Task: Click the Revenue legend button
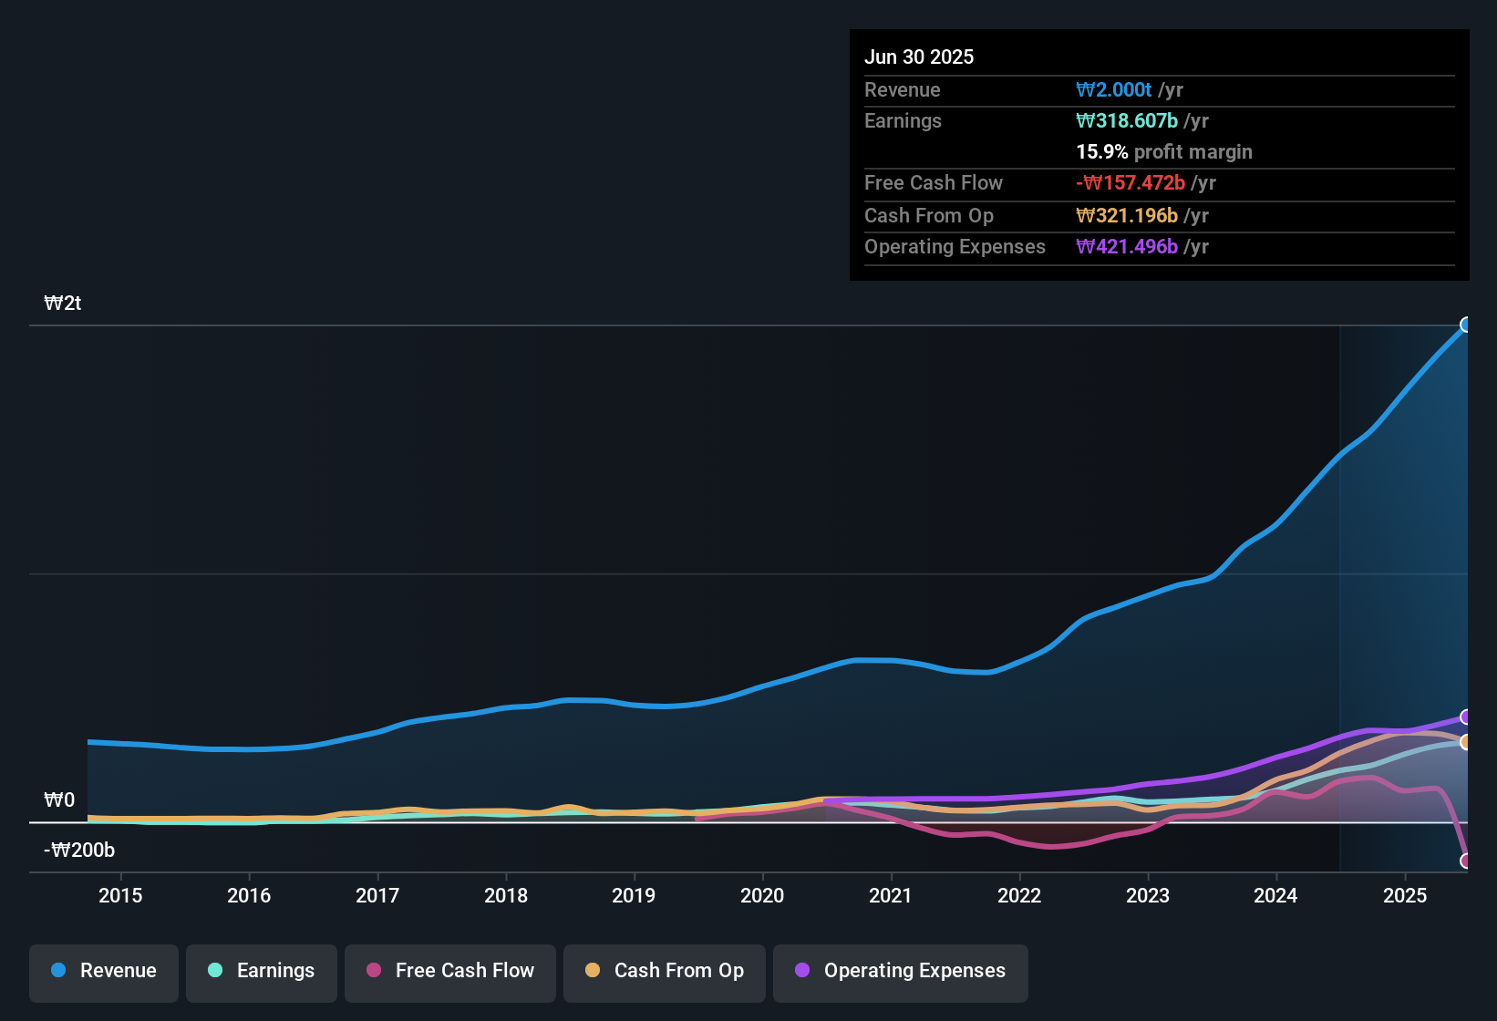click(104, 971)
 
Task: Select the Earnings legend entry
click(262, 971)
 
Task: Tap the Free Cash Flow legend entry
click(450, 971)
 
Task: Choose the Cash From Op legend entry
click(665, 971)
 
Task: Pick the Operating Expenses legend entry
click(901, 971)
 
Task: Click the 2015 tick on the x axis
click(120, 895)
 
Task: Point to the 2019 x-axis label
click(634, 895)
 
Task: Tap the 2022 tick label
click(1019, 895)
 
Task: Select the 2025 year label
click(1405, 895)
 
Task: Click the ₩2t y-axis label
click(63, 304)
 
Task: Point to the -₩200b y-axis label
click(79, 851)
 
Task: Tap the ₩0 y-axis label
click(59, 800)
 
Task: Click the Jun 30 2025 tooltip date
click(919, 57)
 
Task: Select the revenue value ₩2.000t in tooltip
click(1114, 89)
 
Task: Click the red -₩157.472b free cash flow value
click(1130, 183)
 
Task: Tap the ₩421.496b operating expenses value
click(1127, 247)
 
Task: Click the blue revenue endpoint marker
click(1466, 325)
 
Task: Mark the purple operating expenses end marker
click(1466, 717)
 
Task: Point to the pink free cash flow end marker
click(1466, 861)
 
